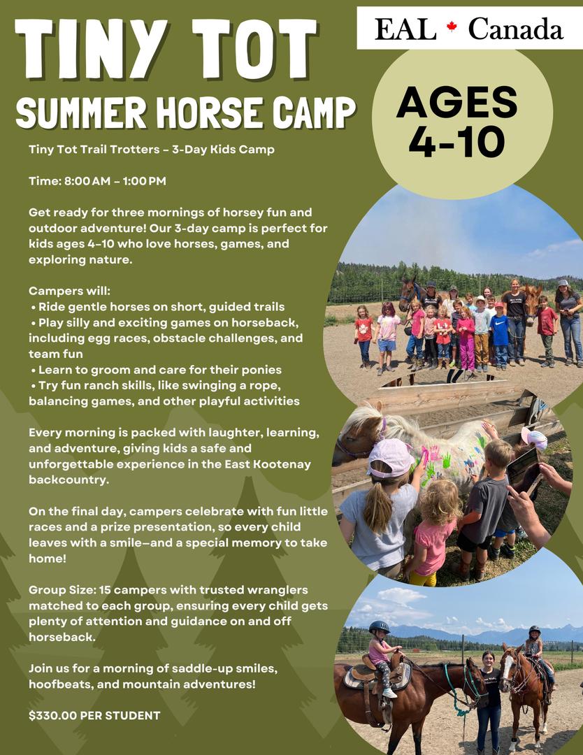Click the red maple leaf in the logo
point(451,27)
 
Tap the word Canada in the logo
point(516,29)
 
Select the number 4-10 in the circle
point(457,141)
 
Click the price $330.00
point(52,716)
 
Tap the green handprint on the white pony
point(446,460)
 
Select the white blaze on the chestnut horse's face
point(506,666)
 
